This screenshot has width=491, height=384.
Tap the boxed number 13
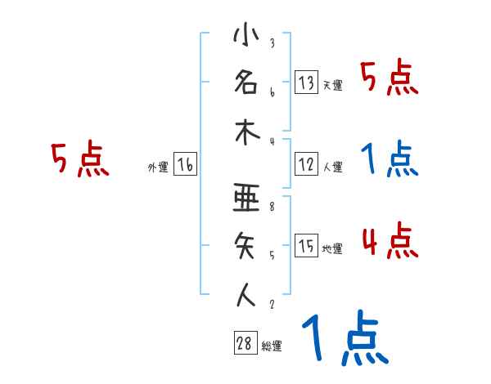coord(306,83)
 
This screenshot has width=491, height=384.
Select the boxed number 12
coord(306,165)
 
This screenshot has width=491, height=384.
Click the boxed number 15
coord(306,247)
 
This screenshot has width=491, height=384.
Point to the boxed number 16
coord(185,165)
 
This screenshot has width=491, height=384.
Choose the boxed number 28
coord(245,344)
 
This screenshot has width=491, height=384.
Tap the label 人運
coord(333,167)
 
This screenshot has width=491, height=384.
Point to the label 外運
coord(158,167)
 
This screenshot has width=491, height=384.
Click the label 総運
coord(272,346)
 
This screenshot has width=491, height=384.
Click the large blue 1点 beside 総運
coord(344,339)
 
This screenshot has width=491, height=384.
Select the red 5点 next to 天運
coord(390,79)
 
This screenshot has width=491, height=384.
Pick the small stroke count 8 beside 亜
coord(272,208)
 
